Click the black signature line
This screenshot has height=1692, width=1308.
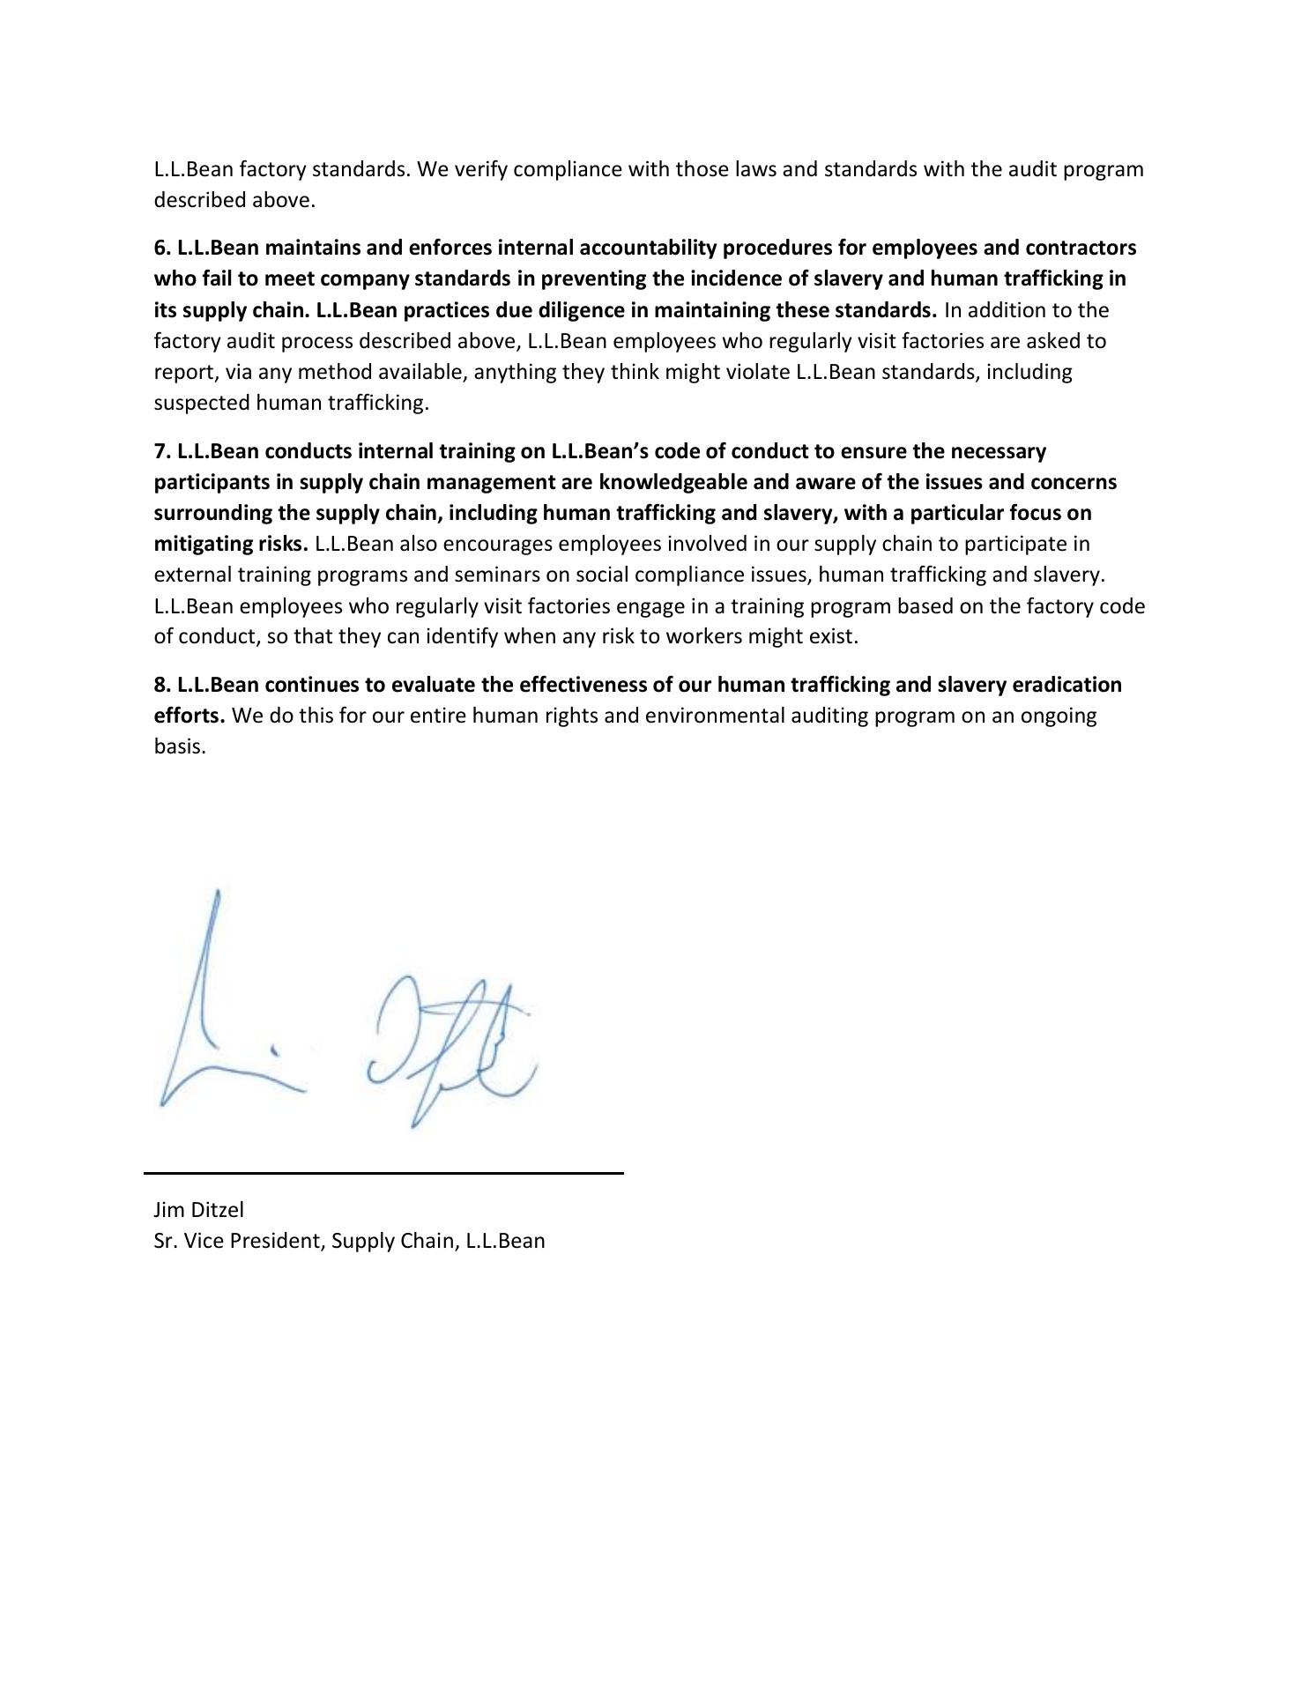[x=383, y=1173]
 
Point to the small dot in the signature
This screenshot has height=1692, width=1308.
[x=275, y=1050]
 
